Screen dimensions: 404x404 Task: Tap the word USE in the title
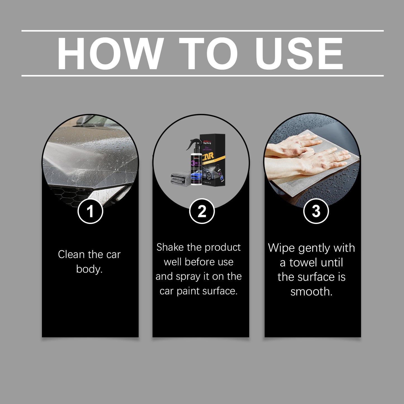pyautogui.click(x=299, y=53)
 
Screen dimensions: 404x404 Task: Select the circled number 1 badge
pyautogui.click(x=90, y=211)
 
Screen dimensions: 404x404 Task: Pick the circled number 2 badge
pyautogui.click(x=202, y=211)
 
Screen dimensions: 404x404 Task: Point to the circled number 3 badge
pyautogui.click(x=316, y=211)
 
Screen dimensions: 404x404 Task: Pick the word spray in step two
pyautogui.click(x=188, y=277)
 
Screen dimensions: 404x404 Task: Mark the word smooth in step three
pyautogui.click(x=311, y=292)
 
